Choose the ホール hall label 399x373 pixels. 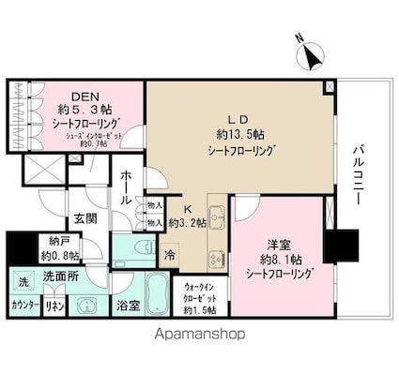click(125, 187)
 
